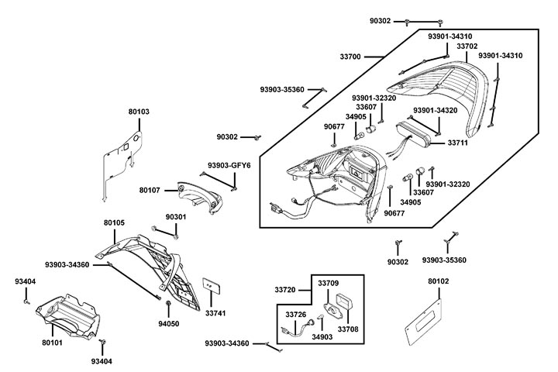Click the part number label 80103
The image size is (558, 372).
pos(139,112)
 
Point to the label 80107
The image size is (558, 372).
pos(150,190)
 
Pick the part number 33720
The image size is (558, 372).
pos(284,289)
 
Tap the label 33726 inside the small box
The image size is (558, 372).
pos(296,315)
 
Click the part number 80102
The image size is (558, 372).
pos(438,281)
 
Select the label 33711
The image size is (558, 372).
pos(459,143)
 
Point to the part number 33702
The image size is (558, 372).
pos(467,46)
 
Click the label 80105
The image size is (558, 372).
pos(114,222)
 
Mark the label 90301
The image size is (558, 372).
pos(176,217)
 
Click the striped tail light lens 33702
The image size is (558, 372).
pos(442,85)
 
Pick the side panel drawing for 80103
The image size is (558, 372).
pos(122,159)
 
